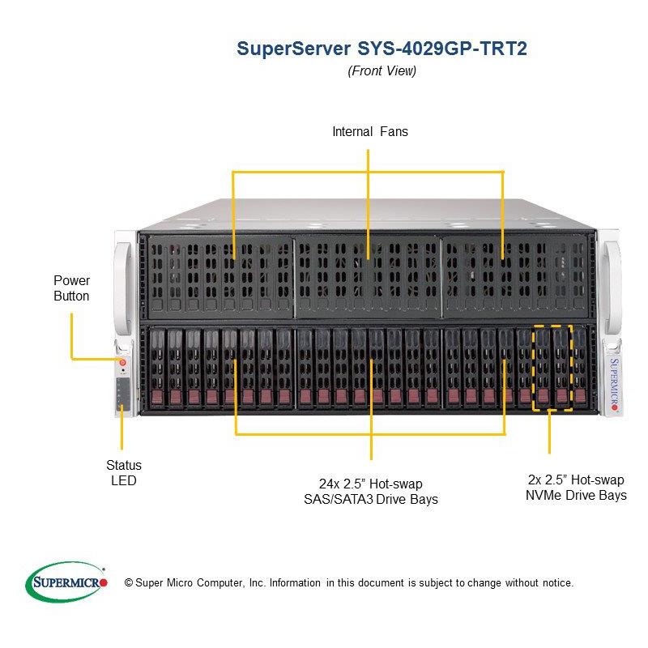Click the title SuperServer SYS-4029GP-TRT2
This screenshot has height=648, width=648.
(x=382, y=49)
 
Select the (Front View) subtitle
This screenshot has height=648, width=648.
(x=382, y=70)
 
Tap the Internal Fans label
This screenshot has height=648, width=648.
(x=369, y=131)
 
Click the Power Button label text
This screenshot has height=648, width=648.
(x=71, y=288)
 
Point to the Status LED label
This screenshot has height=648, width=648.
(x=123, y=473)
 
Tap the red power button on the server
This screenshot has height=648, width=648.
(x=122, y=352)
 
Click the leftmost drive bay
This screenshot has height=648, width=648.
(x=156, y=367)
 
